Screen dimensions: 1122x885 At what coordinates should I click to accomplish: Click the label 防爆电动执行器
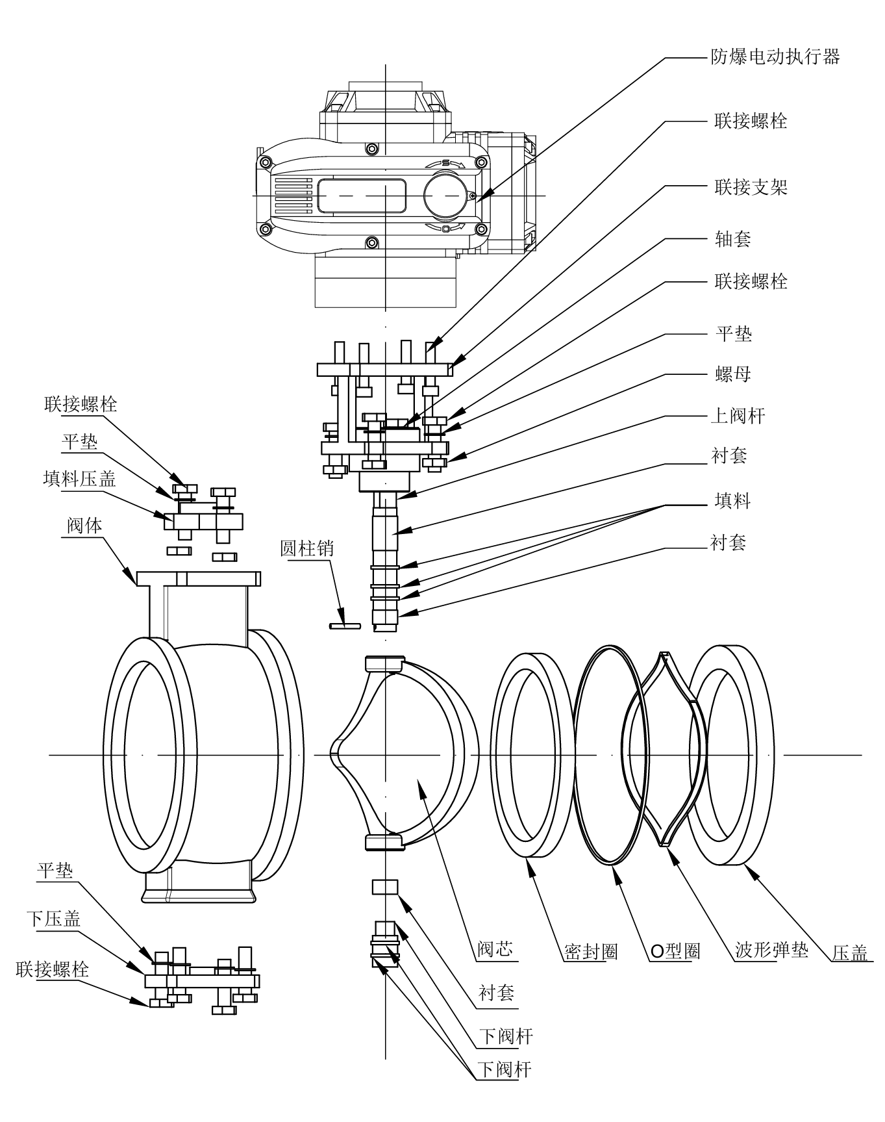pos(775,57)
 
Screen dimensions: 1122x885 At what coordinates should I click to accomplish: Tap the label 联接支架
pos(751,188)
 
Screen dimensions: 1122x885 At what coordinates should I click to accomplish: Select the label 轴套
pos(732,239)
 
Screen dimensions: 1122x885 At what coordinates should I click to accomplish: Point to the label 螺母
pos(732,374)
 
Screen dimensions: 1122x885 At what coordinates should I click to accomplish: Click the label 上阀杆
pos(738,416)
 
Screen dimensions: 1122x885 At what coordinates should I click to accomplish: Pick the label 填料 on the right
pos(732,501)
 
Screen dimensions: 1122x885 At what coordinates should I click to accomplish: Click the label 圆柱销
pos(306,548)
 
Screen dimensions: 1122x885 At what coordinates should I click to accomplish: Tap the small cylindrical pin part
pos(345,626)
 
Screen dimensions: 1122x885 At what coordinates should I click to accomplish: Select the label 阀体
pos(84,525)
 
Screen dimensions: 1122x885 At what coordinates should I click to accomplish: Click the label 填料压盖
pos(79,479)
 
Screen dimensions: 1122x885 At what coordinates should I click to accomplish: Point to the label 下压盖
pos(53,919)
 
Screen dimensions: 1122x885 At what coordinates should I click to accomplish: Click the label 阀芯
pos(495,950)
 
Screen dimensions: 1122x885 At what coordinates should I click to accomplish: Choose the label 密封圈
pos(590,952)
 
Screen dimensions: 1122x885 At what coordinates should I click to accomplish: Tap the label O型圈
pos(675,952)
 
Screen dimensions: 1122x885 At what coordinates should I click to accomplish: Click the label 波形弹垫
pos(771,950)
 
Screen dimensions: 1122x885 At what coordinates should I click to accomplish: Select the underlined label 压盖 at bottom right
pos(850,953)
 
